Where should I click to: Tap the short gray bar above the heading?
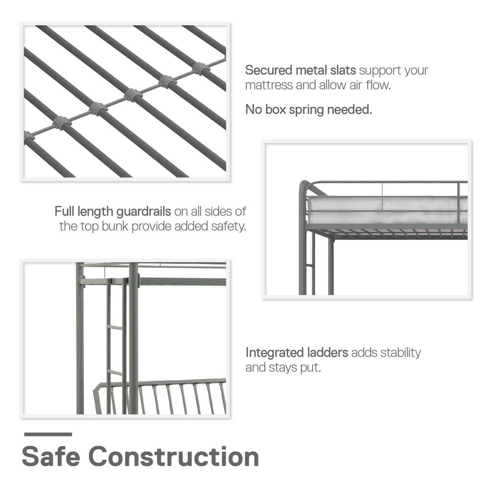[x=48, y=434]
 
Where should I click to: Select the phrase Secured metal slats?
[x=300, y=70]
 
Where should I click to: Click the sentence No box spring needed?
[x=309, y=110]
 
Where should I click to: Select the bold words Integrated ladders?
[x=296, y=353]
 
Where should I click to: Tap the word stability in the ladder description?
[x=400, y=353]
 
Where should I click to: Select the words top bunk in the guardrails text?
[x=104, y=226]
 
